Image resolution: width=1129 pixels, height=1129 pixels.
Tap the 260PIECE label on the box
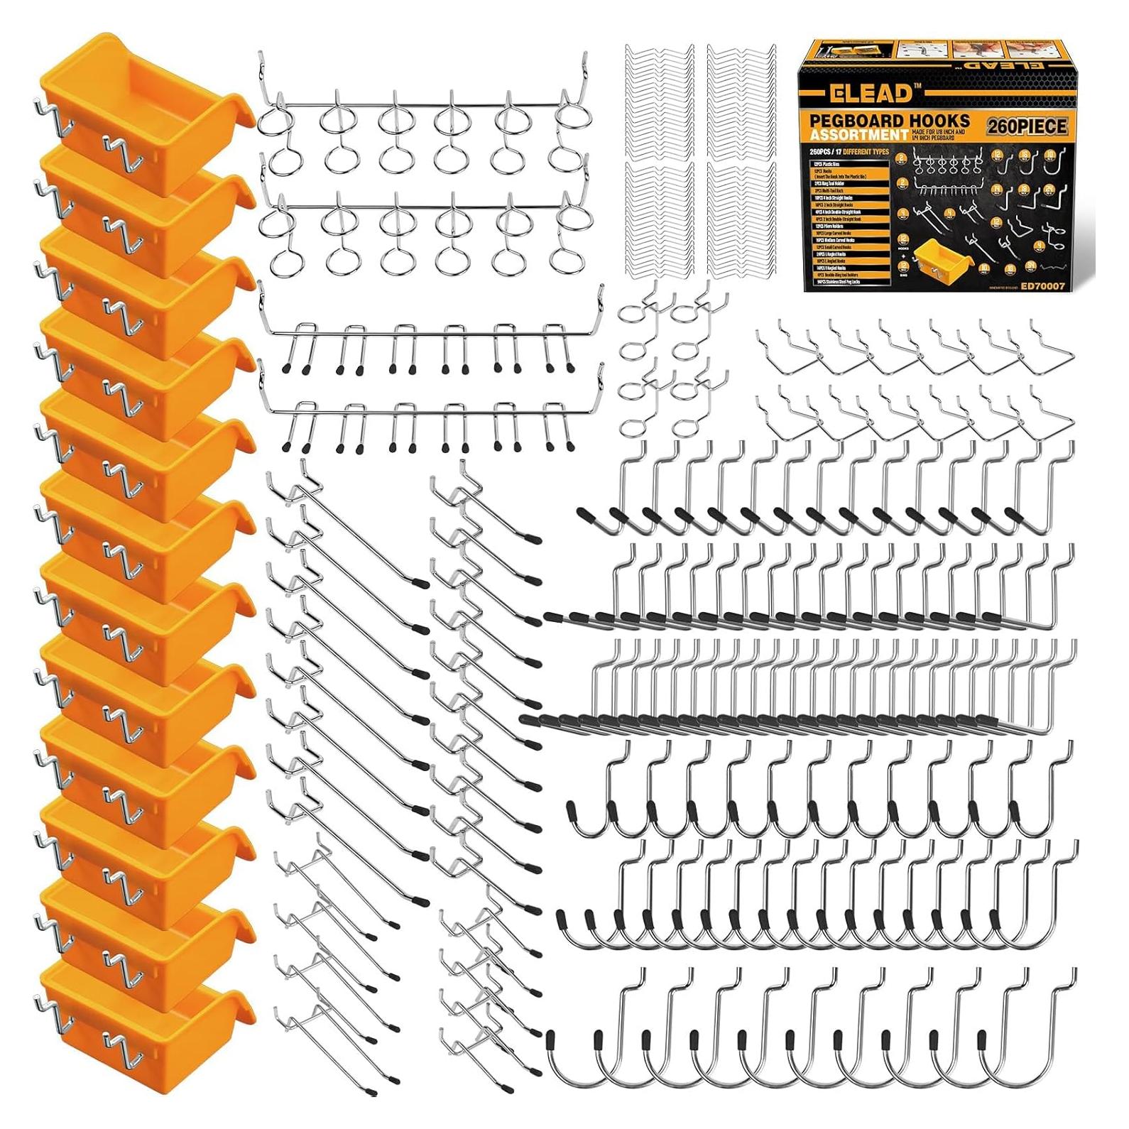(x=1026, y=126)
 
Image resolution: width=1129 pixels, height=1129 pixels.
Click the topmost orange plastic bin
(x=142, y=92)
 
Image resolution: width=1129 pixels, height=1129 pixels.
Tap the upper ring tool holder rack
(x=422, y=121)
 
